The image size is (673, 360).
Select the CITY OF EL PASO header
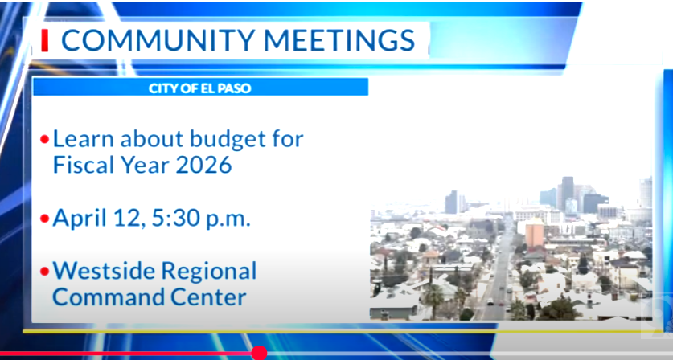point(200,88)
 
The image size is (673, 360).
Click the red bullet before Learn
point(45,140)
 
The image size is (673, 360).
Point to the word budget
point(224,138)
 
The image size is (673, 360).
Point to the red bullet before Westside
point(45,271)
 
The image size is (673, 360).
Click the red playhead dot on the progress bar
point(259,353)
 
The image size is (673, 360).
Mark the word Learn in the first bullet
point(83,138)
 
